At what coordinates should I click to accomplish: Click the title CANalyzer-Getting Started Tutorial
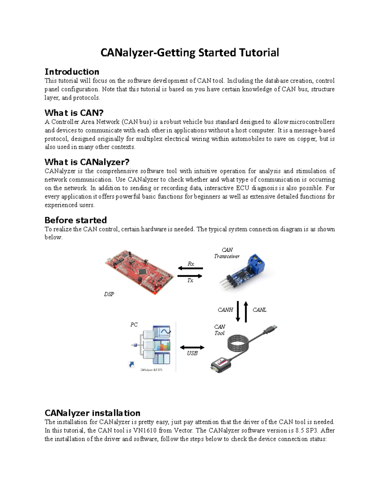click(x=190, y=53)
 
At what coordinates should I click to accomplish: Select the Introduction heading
click(x=72, y=72)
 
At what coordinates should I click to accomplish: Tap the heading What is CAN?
click(x=74, y=113)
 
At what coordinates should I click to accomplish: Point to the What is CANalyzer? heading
click(x=87, y=162)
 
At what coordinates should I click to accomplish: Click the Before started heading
click(x=76, y=220)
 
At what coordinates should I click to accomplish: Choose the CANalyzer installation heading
click(x=92, y=413)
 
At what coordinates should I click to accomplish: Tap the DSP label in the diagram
click(x=109, y=294)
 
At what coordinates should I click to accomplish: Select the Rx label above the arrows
click(x=191, y=264)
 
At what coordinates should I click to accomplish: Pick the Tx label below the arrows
click(x=190, y=281)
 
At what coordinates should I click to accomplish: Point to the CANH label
click(x=225, y=310)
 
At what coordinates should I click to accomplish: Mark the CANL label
click(x=259, y=310)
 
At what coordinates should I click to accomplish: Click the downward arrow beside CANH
click(x=238, y=311)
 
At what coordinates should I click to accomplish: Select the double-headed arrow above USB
click(x=192, y=348)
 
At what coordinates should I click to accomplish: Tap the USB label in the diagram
click(x=192, y=353)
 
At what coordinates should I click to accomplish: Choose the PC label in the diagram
click(x=134, y=325)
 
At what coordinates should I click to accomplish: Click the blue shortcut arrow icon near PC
click(x=132, y=365)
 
